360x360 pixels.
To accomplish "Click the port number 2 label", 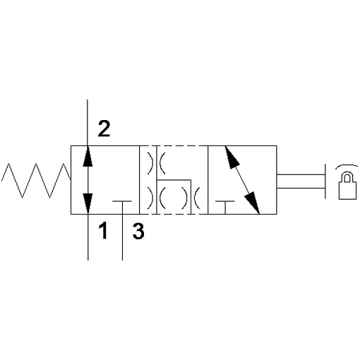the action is pyautogui.click(x=104, y=128).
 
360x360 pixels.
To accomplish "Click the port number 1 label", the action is pyautogui.click(x=103, y=231).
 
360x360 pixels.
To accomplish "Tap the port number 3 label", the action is pyautogui.click(x=138, y=231).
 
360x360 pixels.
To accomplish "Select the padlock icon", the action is pyautogui.click(x=347, y=186).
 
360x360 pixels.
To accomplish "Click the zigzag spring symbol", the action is pyautogui.click(x=36, y=181).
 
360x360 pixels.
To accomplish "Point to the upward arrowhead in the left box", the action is pyautogui.click(x=88, y=156).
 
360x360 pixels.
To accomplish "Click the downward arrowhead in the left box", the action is pyautogui.click(x=88, y=203).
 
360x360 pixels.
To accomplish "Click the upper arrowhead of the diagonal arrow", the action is pyautogui.click(x=232, y=157).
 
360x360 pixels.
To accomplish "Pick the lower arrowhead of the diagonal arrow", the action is pyautogui.click(x=252, y=203).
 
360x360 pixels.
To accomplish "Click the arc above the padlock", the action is pyautogui.click(x=347, y=167).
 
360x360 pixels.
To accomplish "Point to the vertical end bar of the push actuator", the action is pyautogui.click(x=325, y=181).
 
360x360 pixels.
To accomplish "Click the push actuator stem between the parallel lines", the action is pyautogui.click(x=301, y=181).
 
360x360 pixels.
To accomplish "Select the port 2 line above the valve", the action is pyautogui.click(x=88, y=123).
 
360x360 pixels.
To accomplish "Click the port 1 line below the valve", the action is pyautogui.click(x=88, y=237).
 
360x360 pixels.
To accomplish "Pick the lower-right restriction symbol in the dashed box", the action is pyautogui.click(x=191, y=198).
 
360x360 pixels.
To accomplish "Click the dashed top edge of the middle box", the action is pyautogui.click(x=174, y=146).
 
